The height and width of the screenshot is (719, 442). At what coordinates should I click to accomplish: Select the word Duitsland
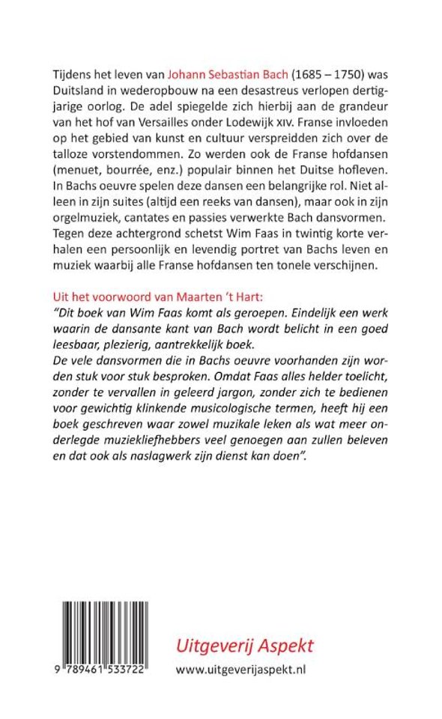[79, 91]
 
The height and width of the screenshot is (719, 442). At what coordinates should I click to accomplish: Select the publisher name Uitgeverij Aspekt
[244, 645]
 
